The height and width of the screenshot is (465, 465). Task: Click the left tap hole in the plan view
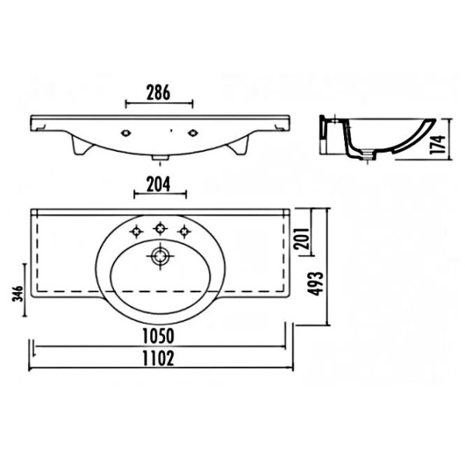tap(136, 230)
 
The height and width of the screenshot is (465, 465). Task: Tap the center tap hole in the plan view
tap(160, 228)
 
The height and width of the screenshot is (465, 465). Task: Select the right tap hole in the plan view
tap(184, 230)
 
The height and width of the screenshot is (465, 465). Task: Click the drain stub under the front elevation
tap(160, 159)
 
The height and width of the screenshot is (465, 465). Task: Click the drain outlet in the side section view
tap(370, 158)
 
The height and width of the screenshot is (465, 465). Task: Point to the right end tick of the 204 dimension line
tap(186, 195)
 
